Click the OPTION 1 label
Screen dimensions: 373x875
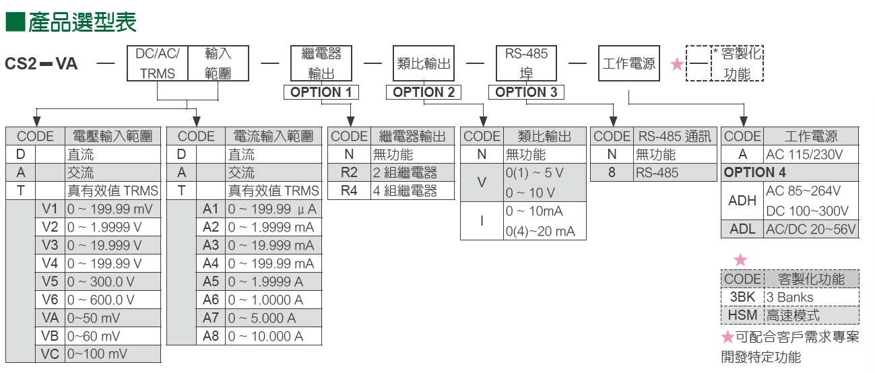pyautogui.click(x=321, y=92)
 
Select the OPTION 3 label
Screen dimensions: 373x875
pyautogui.click(x=526, y=92)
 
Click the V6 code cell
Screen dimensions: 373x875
pyautogui.click(x=51, y=300)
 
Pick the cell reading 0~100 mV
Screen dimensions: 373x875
pyautogui.click(x=113, y=354)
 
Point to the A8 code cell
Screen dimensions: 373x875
pyautogui.click(x=211, y=336)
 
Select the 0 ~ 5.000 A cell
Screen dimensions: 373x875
pyautogui.click(x=273, y=318)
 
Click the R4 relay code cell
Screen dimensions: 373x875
pyautogui.click(x=349, y=191)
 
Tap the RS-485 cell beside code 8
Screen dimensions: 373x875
pyautogui.click(x=675, y=172)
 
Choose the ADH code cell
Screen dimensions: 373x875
pyautogui.click(x=742, y=200)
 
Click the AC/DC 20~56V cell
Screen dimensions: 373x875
pyautogui.click(x=811, y=229)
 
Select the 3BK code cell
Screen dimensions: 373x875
pyautogui.click(x=742, y=297)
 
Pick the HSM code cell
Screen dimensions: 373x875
pyautogui.click(x=742, y=315)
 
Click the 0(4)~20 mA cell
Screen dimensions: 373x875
pyautogui.click(x=540, y=232)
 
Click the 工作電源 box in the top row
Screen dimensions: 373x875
pyautogui.click(x=628, y=64)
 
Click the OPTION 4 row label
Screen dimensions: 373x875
pyautogui.click(x=754, y=172)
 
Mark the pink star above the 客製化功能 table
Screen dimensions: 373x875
pyautogui.click(x=740, y=260)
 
